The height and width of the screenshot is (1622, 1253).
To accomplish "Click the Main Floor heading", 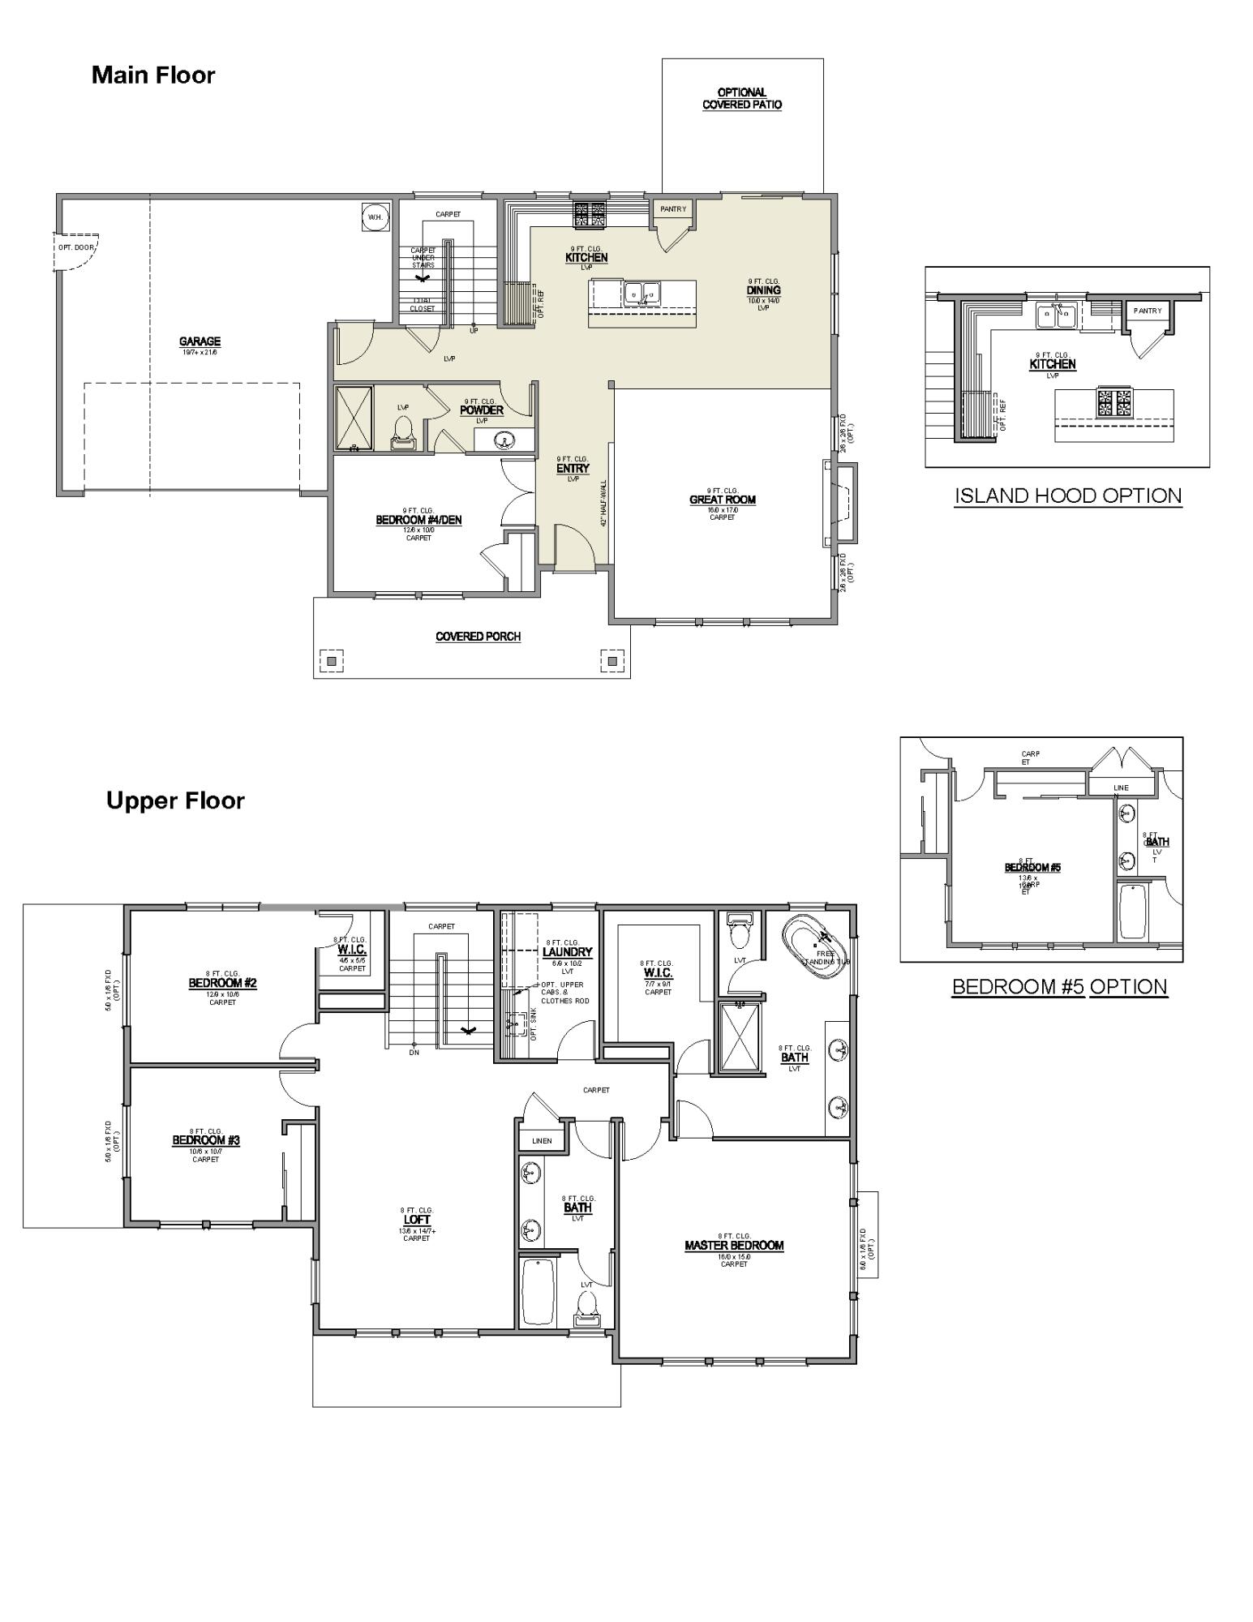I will [153, 75].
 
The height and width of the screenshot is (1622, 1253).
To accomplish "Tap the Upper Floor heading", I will [175, 800].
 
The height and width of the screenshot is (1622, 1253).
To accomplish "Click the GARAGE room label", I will [200, 342].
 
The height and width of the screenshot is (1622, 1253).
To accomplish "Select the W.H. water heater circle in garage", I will [375, 217].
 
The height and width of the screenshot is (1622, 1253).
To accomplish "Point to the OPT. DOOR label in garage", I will [76, 247].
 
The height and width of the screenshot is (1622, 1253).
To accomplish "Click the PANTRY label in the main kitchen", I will [673, 209].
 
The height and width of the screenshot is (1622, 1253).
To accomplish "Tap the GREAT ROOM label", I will [723, 500].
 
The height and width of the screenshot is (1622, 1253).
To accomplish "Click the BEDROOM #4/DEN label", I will [418, 520].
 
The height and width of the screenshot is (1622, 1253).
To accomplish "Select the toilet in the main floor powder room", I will [403, 433].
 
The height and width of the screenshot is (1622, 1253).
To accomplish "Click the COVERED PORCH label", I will [478, 637].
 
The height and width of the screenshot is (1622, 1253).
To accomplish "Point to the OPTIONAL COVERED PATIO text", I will [742, 99].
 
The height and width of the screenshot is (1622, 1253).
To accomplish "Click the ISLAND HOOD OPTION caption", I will [1067, 496].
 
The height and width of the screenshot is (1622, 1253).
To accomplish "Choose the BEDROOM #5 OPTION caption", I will [1059, 987].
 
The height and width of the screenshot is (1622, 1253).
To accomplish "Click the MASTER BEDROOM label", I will [734, 1246].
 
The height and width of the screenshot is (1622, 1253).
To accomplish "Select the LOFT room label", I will [417, 1220].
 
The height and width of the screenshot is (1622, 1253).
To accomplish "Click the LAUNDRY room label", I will [567, 952].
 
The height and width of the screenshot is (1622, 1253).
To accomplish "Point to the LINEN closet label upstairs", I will [542, 1140].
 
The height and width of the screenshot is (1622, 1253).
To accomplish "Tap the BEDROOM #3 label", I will [206, 1140].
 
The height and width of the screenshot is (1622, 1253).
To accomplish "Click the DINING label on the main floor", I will [763, 290].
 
